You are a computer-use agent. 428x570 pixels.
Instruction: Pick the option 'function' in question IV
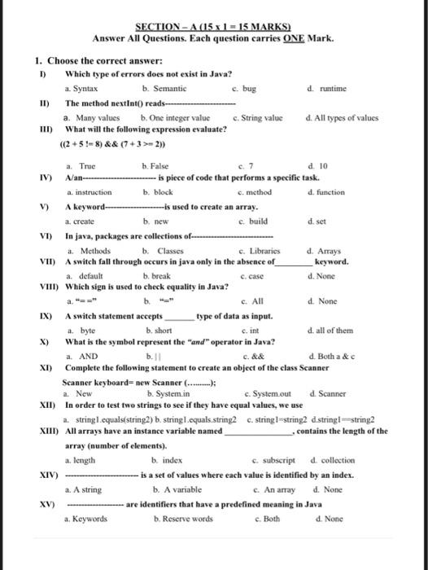[x=330, y=192]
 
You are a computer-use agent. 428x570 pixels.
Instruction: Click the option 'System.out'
[x=272, y=393]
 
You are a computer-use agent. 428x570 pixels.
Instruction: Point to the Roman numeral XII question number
[x=46, y=405]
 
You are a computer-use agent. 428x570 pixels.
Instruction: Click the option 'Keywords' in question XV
[x=88, y=518]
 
